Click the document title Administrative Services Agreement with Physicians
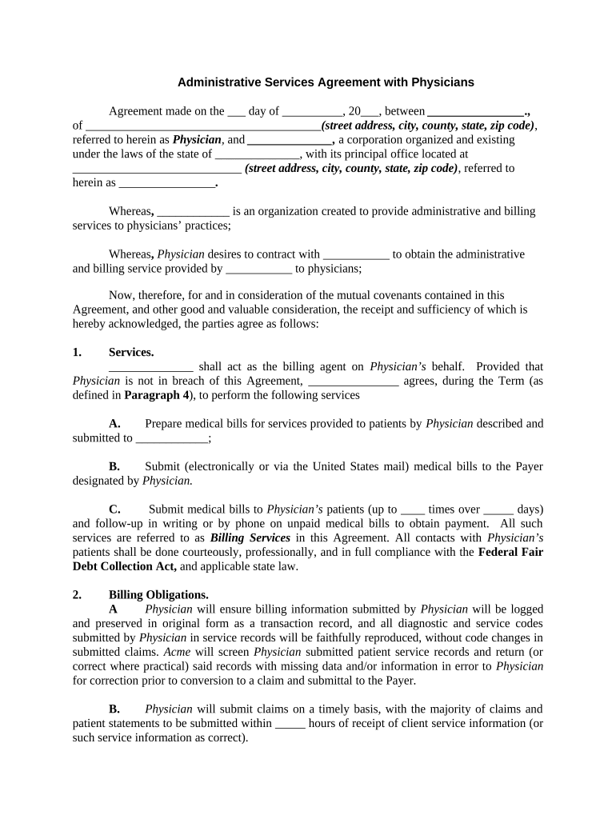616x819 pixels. pos(326,82)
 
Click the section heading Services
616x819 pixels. pos(131,352)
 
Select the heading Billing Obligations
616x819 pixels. pos(158,594)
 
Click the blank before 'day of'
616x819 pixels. pos(237,112)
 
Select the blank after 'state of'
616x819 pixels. pos(257,154)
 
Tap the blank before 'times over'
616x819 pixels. pos(412,509)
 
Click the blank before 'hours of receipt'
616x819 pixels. pos(290,723)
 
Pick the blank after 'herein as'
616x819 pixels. pos(166,183)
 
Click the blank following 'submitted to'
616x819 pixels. pos(171,438)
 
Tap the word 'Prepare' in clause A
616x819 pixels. pos(166,423)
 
